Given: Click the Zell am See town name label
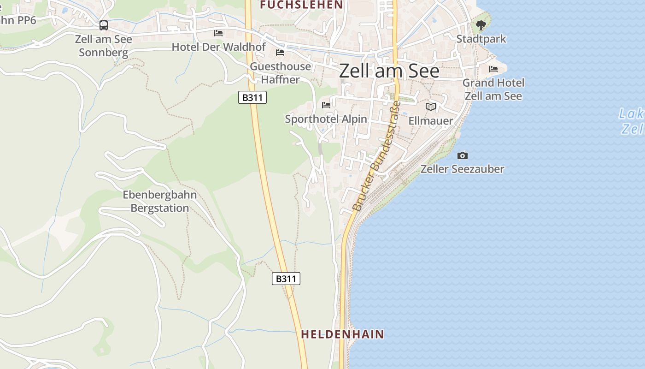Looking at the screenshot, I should pos(389,71).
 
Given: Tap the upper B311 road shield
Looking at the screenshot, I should pos(252,97).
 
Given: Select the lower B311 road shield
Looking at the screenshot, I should pos(286,279).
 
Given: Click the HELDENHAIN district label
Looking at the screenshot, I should pos(342,334).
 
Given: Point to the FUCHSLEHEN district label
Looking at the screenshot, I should pos(301,5).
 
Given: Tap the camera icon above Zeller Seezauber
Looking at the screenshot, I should pos(462,156).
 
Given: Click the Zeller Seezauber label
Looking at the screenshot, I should pos(462,169).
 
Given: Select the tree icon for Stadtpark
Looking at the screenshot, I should pos(481,25).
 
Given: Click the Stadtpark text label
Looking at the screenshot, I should pos(481,39).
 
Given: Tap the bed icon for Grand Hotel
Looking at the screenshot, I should pos(493,69).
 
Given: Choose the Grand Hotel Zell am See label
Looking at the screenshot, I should pos(493,89).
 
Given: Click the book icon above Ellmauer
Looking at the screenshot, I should pos(431,107).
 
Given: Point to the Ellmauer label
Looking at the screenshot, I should pos(431,121).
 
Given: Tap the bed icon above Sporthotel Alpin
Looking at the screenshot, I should pos(326,105).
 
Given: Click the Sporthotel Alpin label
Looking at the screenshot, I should pos(326,119).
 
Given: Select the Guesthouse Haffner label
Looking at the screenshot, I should pos(280,73).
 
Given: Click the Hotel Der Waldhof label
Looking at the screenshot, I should pos(218,47).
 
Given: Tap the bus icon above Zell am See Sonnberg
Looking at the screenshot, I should pos(104,25).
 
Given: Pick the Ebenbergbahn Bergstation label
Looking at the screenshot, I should pos(160,201).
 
